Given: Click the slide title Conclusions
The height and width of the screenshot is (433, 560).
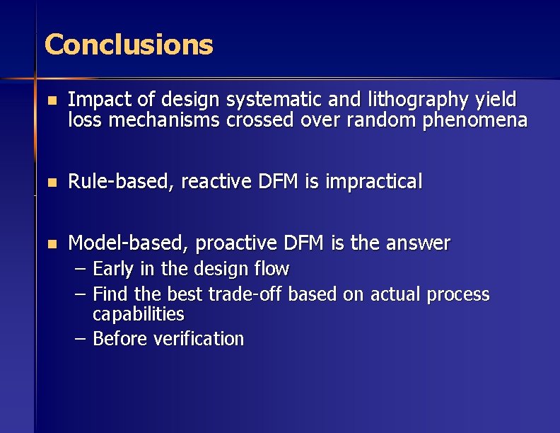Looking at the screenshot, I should click(x=129, y=45).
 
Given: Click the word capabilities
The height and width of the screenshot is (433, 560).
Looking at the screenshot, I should click(x=138, y=313).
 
